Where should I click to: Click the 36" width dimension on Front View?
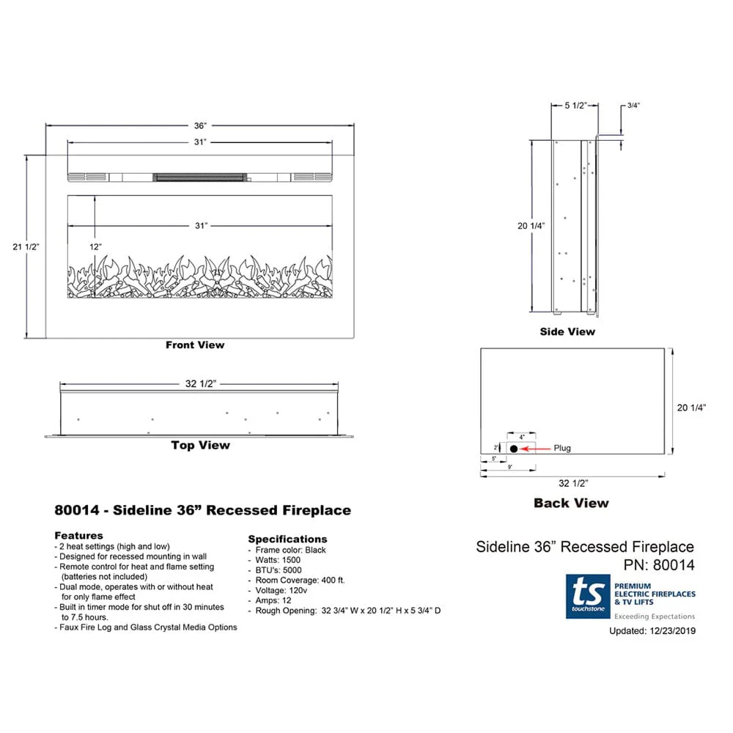coord(199,126)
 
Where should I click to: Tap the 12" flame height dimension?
coord(96,247)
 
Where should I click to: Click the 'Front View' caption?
coord(195,345)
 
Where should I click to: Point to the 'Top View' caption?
coord(200,445)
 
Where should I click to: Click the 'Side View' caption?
coord(567,331)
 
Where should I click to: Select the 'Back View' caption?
coord(571,503)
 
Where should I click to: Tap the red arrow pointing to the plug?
coord(534,448)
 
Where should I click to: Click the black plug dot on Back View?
coord(514,448)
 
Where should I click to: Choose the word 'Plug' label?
coord(562,448)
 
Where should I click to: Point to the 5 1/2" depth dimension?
coord(575,106)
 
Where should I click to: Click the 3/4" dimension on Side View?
coord(633,106)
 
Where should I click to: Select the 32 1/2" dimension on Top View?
coord(199,384)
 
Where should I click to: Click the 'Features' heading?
coord(78,535)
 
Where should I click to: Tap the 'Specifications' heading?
coord(287,539)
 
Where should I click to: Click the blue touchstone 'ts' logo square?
coord(587,596)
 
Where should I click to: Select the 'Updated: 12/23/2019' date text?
coord(652,630)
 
